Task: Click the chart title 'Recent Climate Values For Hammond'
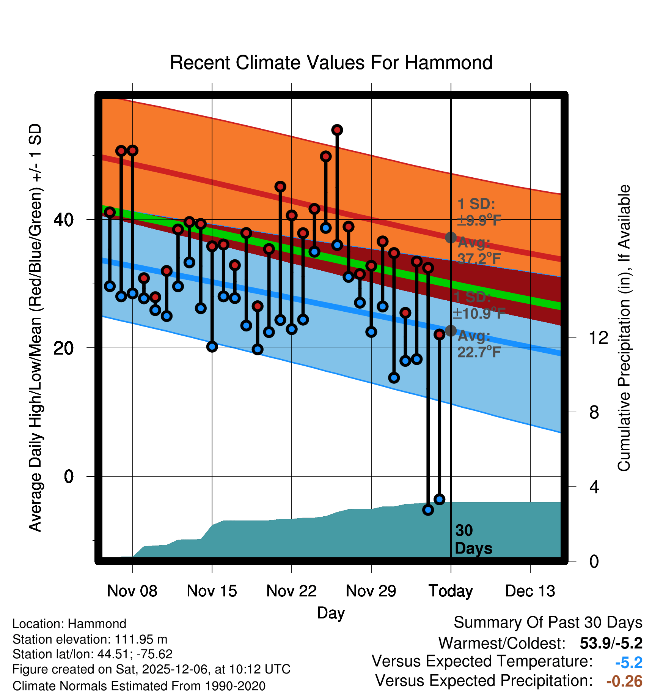pos(331,63)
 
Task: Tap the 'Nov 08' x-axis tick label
pos(132,591)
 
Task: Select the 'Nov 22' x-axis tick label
pos(291,591)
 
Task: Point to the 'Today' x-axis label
pos(451,591)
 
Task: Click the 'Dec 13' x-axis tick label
pos(530,591)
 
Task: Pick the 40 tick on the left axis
pos(64,219)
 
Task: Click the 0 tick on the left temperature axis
pos(69,476)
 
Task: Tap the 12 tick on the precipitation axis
pos(599,337)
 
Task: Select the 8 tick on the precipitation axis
pos(594,412)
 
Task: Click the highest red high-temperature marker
pos(337,130)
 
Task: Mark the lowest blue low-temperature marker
pos(428,510)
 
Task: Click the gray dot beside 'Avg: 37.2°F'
pos(451,238)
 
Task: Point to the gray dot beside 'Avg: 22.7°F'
pos(451,331)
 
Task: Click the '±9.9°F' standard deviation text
pos(479,220)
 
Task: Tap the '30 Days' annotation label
pos(473,539)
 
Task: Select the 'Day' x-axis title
pos(331,613)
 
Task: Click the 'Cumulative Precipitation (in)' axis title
pos(624,328)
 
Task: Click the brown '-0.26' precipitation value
pos(624,681)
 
